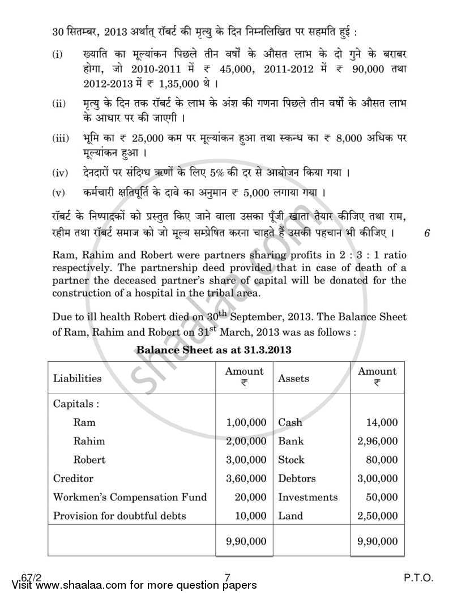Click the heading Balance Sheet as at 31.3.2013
pyautogui.click(x=213, y=350)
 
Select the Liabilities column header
pyautogui.click(x=77, y=378)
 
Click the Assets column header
pyautogui.click(x=293, y=378)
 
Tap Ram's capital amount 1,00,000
pyautogui.click(x=246, y=422)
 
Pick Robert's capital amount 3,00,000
pyautogui.click(x=246, y=460)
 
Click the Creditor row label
pyautogui.click(x=73, y=478)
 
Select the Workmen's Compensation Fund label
pyautogui.click(x=130, y=497)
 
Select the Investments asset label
pyautogui.click(x=307, y=497)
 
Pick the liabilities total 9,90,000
pyautogui.click(x=246, y=542)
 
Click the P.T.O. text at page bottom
pyautogui.click(x=419, y=578)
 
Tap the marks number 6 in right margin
pyautogui.click(x=426, y=233)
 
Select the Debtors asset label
pyautogui.click(x=297, y=478)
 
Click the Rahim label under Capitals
pyautogui.click(x=89, y=441)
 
